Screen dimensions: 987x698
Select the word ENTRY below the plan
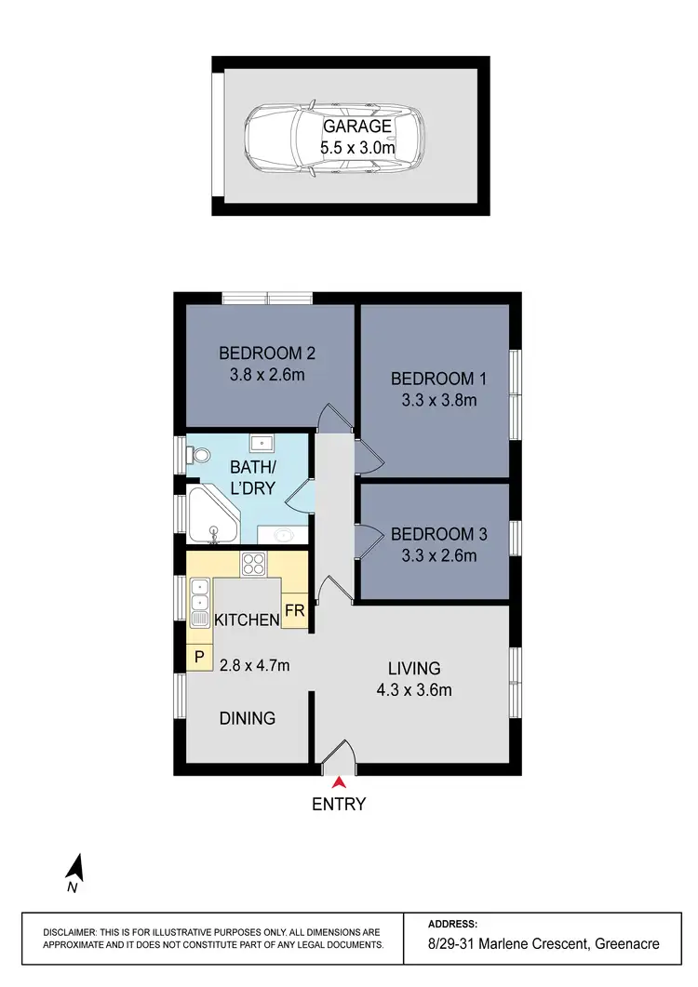(x=339, y=805)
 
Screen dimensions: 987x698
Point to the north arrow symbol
(x=75, y=869)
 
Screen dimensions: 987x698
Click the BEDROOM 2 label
(x=268, y=353)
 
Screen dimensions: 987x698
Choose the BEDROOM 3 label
(x=439, y=535)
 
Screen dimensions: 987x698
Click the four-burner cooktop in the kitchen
(x=254, y=564)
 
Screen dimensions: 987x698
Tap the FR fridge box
(x=295, y=611)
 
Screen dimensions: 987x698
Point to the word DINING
(x=248, y=718)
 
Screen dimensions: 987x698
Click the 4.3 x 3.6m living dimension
(x=414, y=690)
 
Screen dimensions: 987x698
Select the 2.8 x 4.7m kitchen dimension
(x=254, y=665)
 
